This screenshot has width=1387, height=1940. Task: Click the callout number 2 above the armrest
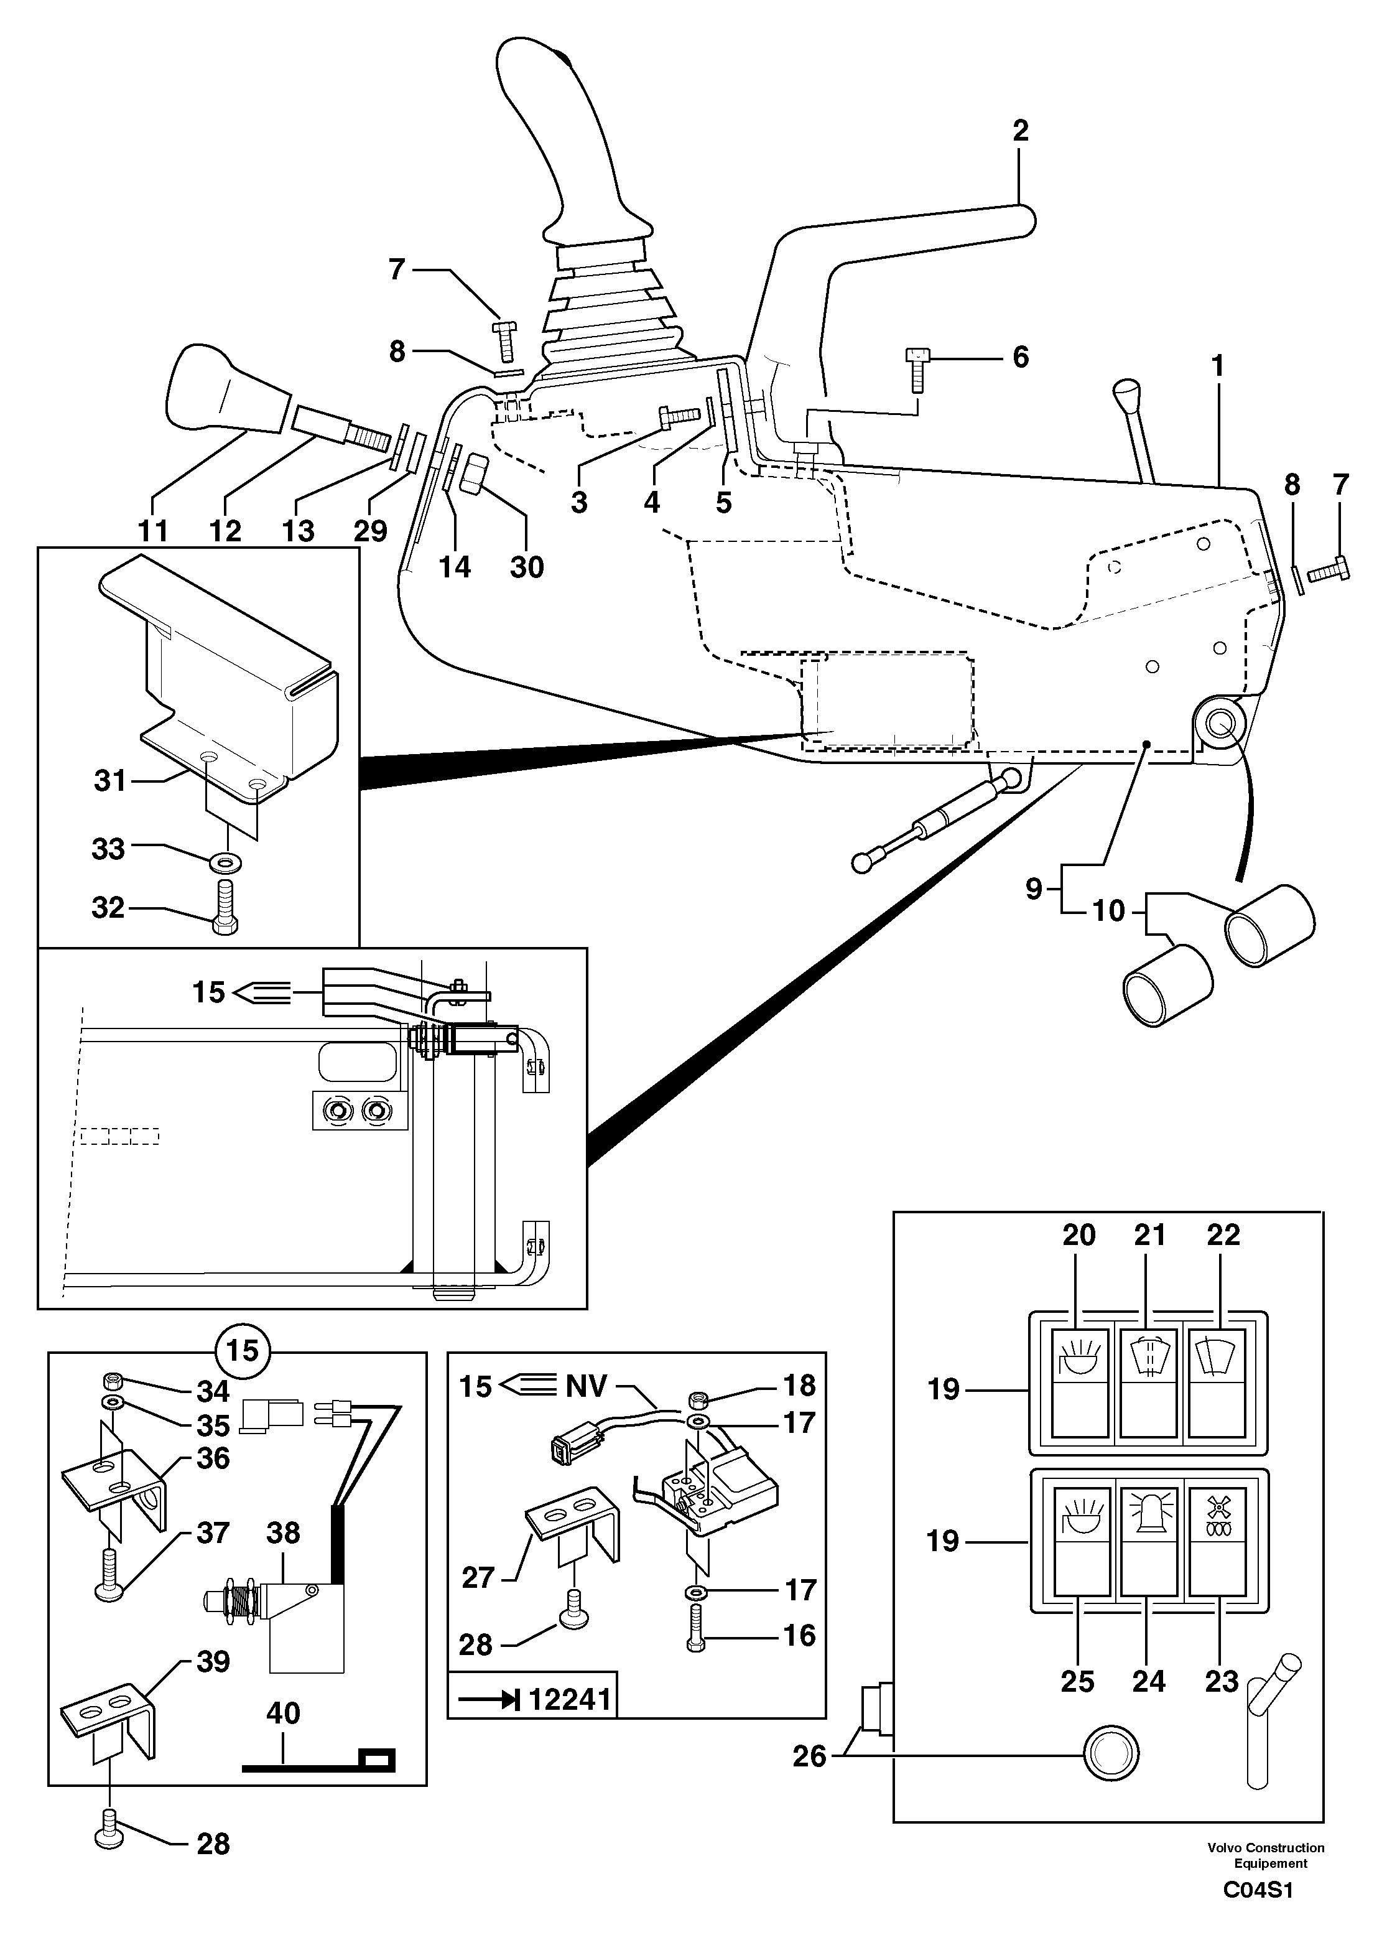point(1021,131)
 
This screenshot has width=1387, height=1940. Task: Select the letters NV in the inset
point(585,1386)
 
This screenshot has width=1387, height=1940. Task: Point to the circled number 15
point(243,1351)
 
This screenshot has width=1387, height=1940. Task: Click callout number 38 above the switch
point(283,1532)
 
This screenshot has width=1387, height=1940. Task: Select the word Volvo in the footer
point(1225,1848)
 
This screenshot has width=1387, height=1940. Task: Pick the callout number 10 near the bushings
point(1108,911)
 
